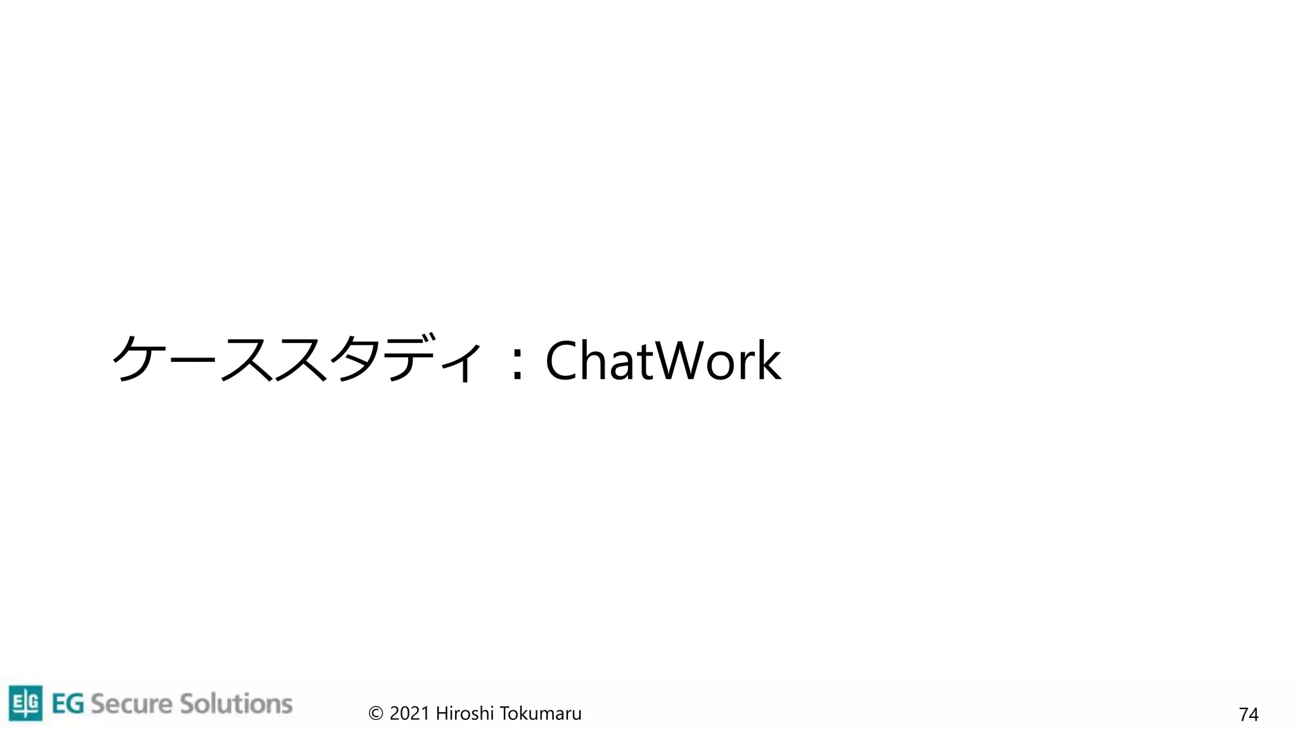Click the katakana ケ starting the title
pos(137,359)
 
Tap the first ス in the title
pos(247,360)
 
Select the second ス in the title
pos(302,360)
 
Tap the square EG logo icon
pos(25,703)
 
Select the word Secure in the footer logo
pos(131,704)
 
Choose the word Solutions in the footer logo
pos(236,704)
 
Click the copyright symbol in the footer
pos(375,714)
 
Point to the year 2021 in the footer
pos(409,714)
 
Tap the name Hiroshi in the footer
pos(465,714)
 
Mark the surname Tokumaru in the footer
pos(541,714)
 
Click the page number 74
pos(1248,715)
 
